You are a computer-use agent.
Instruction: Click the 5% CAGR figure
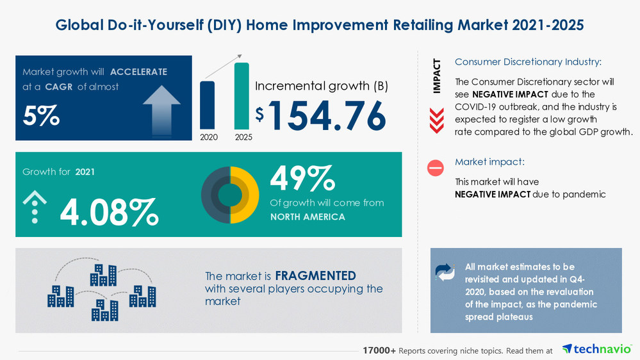(x=42, y=115)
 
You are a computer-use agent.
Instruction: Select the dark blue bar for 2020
(x=208, y=105)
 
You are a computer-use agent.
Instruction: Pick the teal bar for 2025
(x=242, y=96)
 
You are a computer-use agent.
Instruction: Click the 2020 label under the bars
(x=208, y=137)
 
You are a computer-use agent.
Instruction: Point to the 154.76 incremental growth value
(x=327, y=115)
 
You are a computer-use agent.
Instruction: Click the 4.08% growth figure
(x=109, y=213)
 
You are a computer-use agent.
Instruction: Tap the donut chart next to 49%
(x=230, y=195)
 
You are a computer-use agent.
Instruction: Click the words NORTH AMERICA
(x=308, y=217)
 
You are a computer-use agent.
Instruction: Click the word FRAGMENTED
(x=315, y=276)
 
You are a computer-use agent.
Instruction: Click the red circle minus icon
(x=436, y=168)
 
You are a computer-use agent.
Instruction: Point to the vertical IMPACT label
(x=437, y=76)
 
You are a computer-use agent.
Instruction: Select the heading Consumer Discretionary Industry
(x=529, y=62)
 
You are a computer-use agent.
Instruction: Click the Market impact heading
(x=489, y=162)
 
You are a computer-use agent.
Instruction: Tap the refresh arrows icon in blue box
(x=445, y=272)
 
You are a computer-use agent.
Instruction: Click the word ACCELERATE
(x=138, y=72)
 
